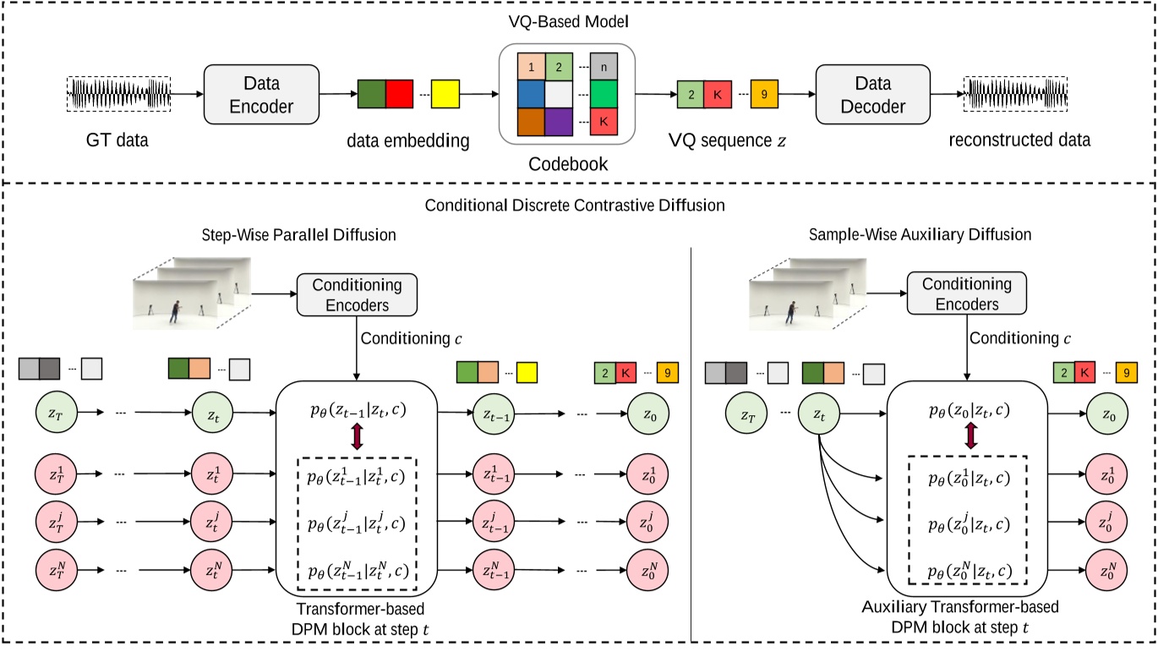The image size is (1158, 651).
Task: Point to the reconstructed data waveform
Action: [1016, 93]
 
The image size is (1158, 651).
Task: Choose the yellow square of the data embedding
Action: [445, 93]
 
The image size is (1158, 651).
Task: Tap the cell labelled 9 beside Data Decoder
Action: [763, 93]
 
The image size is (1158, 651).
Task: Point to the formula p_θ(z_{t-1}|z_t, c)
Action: [356, 413]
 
